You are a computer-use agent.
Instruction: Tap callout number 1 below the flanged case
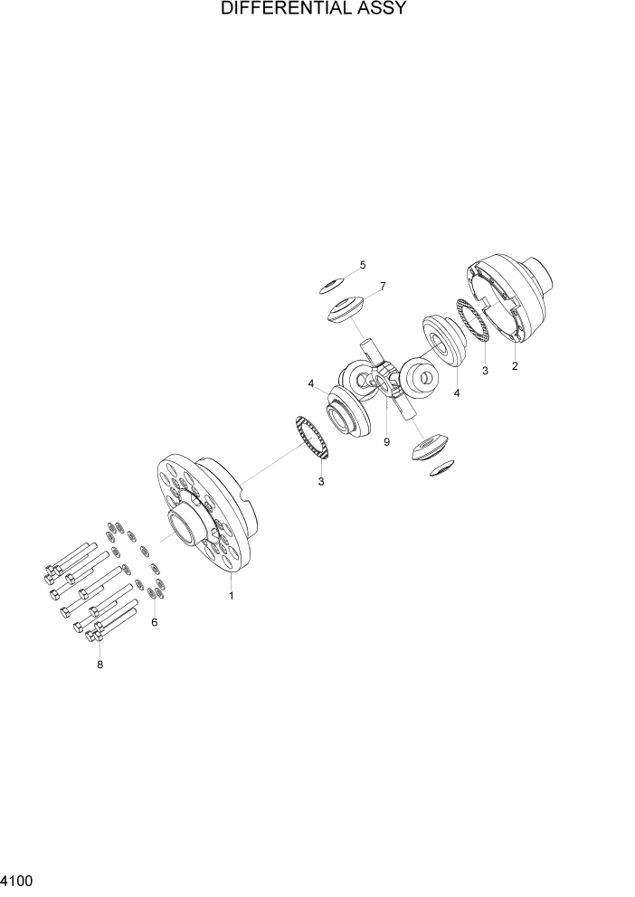pos(231,596)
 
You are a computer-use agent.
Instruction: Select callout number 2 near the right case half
pos(515,366)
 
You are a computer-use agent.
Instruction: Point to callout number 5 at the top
pos(363,265)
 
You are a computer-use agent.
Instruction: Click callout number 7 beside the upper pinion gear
pos(383,287)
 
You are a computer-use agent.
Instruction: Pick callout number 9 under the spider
pos(386,442)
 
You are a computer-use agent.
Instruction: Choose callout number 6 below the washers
pos(154,623)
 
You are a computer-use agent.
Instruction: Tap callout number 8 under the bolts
pos(100,665)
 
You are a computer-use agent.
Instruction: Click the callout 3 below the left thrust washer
pos(320,482)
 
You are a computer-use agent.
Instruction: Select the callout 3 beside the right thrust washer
pos(485,371)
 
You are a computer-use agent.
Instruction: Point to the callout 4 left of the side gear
pos(310,384)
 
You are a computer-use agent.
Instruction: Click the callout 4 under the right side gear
pos(456,392)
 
